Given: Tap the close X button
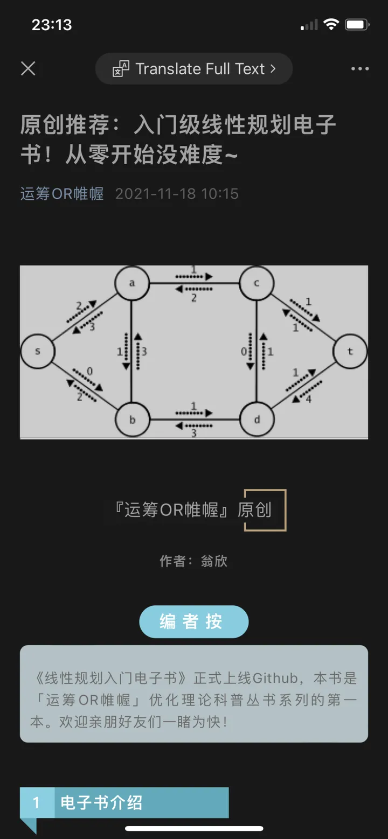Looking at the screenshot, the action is [x=28, y=68].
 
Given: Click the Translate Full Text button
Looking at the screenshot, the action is [x=194, y=69].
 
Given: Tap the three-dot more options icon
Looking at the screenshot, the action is [x=359, y=69].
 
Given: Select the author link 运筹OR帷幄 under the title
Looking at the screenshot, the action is [x=62, y=194].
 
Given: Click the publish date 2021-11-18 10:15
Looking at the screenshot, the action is [x=177, y=194].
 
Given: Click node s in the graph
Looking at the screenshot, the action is [x=38, y=352].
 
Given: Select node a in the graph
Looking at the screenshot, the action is [x=132, y=283].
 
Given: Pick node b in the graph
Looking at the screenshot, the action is [x=132, y=419].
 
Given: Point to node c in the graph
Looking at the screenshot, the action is [x=257, y=283].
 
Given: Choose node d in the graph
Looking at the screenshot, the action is [x=257, y=419].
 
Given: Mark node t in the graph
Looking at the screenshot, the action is [x=350, y=352].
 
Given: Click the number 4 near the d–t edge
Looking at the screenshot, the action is [x=309, y=400].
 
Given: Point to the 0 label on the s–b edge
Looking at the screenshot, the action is [x=90, y=371].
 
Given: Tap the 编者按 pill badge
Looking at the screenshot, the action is [x=193, y=621].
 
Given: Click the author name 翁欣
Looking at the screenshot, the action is [x=214, y=561].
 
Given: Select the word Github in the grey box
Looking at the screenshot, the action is [x=275, y=677].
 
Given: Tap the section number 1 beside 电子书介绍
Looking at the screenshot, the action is [x=37, y=803].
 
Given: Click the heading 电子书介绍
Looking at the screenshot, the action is [x=101, y=803].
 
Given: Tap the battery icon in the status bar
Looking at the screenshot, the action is [x=357, y=25].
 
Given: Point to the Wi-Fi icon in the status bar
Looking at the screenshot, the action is [x=331, y=25].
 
